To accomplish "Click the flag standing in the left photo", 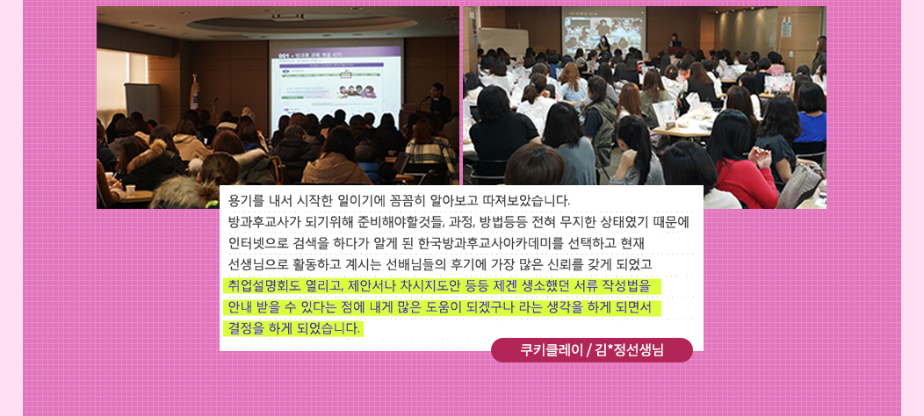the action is pos(195,92).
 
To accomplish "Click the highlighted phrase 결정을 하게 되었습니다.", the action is pos(293,327).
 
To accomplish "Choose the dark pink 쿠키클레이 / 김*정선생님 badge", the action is pos(592,350).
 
